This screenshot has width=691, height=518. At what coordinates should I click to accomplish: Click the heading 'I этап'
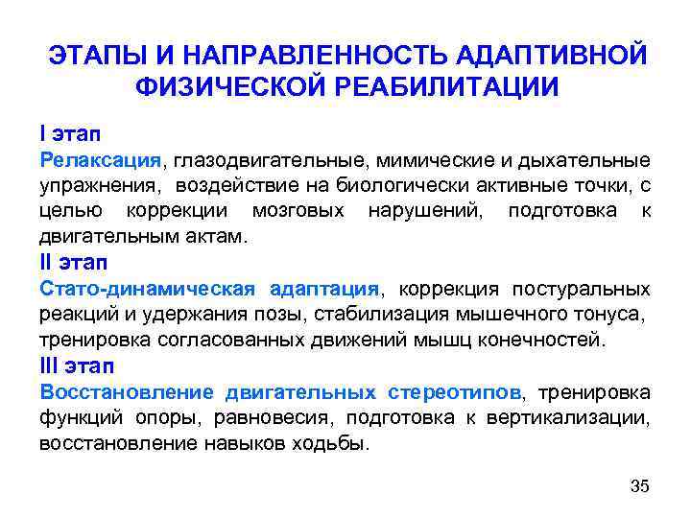71,130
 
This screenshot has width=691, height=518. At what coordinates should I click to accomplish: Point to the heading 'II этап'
75,262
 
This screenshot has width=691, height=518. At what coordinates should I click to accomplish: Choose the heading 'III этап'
79,366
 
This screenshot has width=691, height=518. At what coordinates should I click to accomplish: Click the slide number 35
639,486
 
